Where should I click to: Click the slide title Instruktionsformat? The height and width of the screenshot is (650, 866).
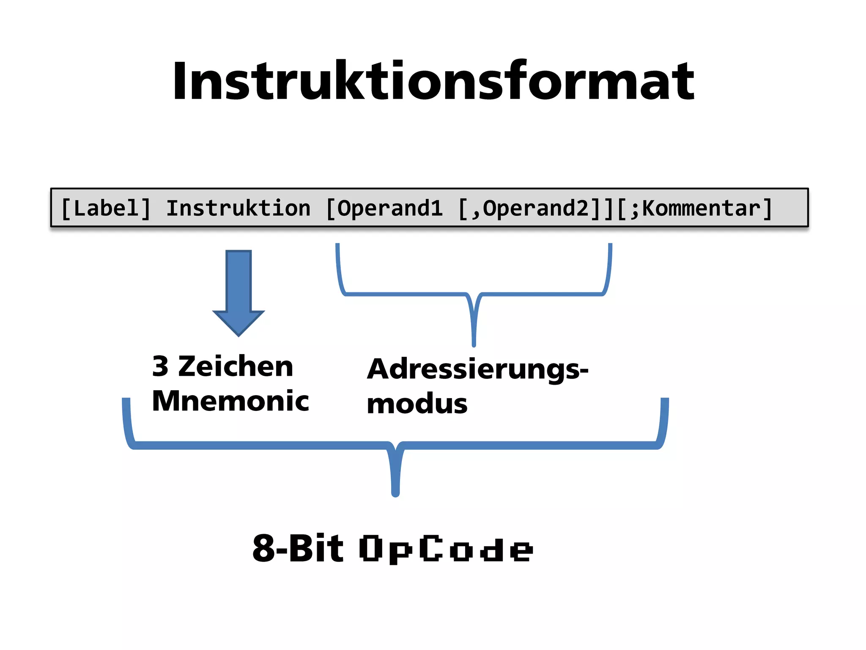(x=433, y=81)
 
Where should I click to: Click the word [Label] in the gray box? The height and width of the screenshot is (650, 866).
(x=106, y=208)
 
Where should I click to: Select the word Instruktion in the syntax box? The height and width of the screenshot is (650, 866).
(x=238, y=208)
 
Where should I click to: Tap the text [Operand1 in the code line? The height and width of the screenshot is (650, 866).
(x=384, y=208)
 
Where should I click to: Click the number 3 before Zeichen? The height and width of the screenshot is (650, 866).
(x=160, y=366)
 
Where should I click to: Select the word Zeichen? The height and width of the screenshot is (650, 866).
(x=236, y=366)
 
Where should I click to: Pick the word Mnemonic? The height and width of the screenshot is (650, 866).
(x=230, y=401)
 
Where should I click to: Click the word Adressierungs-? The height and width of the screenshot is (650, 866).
(x=477, y=370)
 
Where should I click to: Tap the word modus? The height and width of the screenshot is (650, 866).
(x=417, y=404)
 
